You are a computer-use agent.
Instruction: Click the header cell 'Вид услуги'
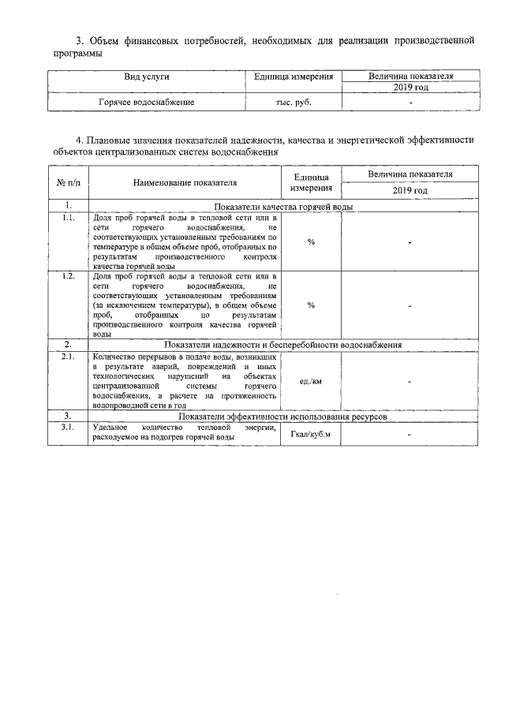coord(147,77)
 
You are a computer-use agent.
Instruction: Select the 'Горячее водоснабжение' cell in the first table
coord(147,103)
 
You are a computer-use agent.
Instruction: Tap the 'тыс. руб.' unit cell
coord(292,103)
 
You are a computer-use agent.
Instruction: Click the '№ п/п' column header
coord(69,183)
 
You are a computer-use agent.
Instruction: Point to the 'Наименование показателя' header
coord(185,183)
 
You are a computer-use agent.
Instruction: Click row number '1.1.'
coord(69,218)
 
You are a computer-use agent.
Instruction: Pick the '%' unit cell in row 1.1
coord(311,241)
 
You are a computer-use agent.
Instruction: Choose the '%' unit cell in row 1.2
coord(311,305)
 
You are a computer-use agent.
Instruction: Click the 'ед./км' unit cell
coord(311,382)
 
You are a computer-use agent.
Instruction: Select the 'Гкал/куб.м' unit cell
coord(311,435)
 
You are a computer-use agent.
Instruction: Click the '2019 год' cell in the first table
coord(410,88)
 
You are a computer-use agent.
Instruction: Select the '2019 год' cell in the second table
coord(410,191)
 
